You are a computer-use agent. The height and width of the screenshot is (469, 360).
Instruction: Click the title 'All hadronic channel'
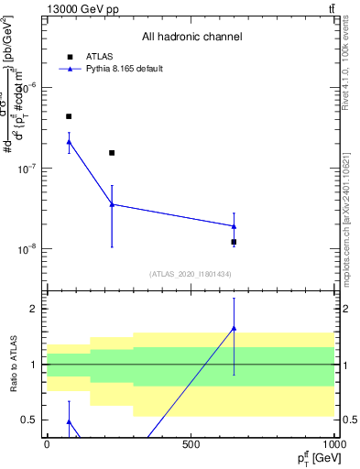[x=191, y=37]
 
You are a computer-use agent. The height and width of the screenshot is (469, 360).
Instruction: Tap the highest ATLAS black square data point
[x=69, y=116]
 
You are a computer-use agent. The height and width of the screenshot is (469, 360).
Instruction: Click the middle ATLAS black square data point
[x=112, y=153]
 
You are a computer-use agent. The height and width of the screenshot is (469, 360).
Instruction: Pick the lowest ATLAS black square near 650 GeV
[x=234, y=242]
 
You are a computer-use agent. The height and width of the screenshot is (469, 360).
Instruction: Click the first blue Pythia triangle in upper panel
[x=69, y=141]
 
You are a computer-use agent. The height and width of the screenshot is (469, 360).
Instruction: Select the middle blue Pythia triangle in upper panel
[x=112, y=204]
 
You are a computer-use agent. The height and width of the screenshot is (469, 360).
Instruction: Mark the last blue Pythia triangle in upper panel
[x=234, y=226]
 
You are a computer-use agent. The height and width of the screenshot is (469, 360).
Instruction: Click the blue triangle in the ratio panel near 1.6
[x=234, y=328]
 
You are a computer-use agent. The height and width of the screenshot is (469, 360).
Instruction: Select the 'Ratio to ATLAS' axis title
[x=13, y=365]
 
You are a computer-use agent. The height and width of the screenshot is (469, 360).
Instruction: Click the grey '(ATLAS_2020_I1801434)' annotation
[x=191, y=274]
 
